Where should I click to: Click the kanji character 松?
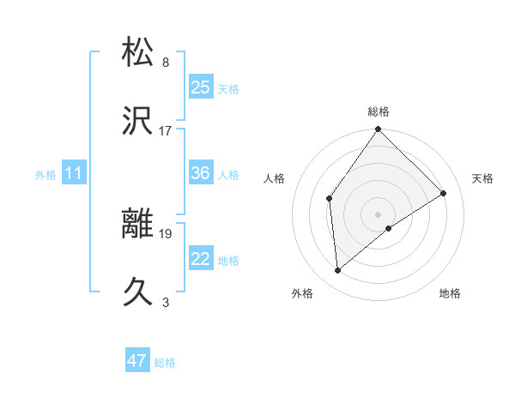pyautogui.click(x=139, y=52)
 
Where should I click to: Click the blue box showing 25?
pyautogui.click(x=201, y=87)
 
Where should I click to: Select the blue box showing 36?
pyautogui.click(x=201, y=173)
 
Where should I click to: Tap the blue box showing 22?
pyautogui.click(x=201, y=259)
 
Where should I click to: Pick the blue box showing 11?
pyautogui.click(x=74, y=173)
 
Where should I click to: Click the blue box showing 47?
pyautogui.click(x=137, y=361)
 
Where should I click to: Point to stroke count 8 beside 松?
pyautogui.click(x=166, y=62)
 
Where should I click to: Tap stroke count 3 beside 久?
pyautogui.click(x=166, y=302)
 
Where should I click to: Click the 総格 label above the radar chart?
pyautogui.click(x=379, y=111)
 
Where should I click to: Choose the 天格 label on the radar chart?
pyautogui.click(x=482, y=178)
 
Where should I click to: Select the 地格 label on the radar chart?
pyautogui.click(x=450, y=293)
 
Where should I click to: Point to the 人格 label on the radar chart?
pyautogui.click(x=275, y=178)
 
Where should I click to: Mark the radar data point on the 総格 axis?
pyautogui.click(x=379, y=130)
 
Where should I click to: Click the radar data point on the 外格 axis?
pyautogui.click(x=338, y=271)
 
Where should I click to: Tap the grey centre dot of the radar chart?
pyautogui.click(x=379, y=214)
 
